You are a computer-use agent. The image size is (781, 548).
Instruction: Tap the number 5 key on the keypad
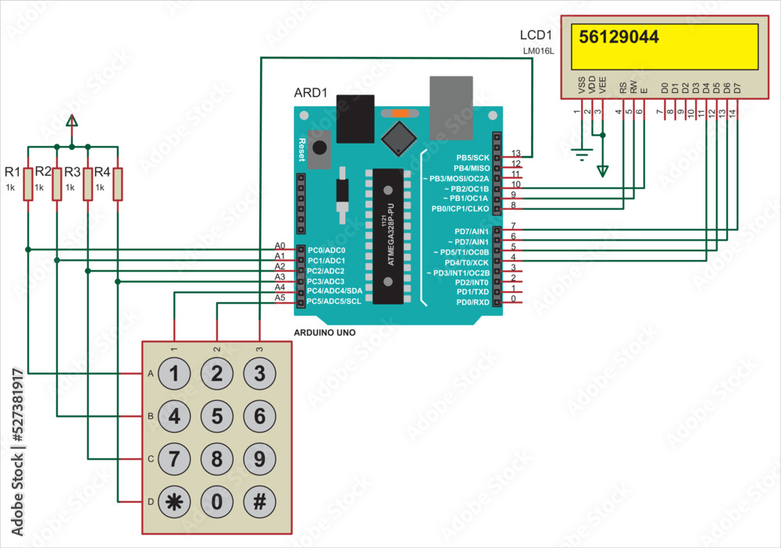click(x=217, y=416)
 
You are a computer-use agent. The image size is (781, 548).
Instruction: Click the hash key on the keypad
click(x=259, y=501)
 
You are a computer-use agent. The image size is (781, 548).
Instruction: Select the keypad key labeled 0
click(x=217, y=501)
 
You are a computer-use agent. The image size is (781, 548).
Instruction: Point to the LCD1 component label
click(x=536, y=36)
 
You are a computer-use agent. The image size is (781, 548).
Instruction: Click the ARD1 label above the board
click(x=311, y=93)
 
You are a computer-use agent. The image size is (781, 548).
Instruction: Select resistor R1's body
click(x=27, y=183)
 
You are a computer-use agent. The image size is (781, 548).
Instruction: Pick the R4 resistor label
click(x=100, y=172)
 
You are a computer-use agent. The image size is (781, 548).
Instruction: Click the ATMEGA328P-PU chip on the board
click(x=387, y=235)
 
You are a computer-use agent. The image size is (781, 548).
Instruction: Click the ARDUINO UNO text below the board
click(x=325, y=332)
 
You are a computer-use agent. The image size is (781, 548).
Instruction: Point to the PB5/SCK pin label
click(x=473, y=158)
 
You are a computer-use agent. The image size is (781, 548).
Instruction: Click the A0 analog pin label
click(x=280, y=246)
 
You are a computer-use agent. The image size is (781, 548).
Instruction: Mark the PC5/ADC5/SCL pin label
click(x=333, y=301)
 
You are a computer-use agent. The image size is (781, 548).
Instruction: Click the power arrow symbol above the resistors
click(x=72, y=121)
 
